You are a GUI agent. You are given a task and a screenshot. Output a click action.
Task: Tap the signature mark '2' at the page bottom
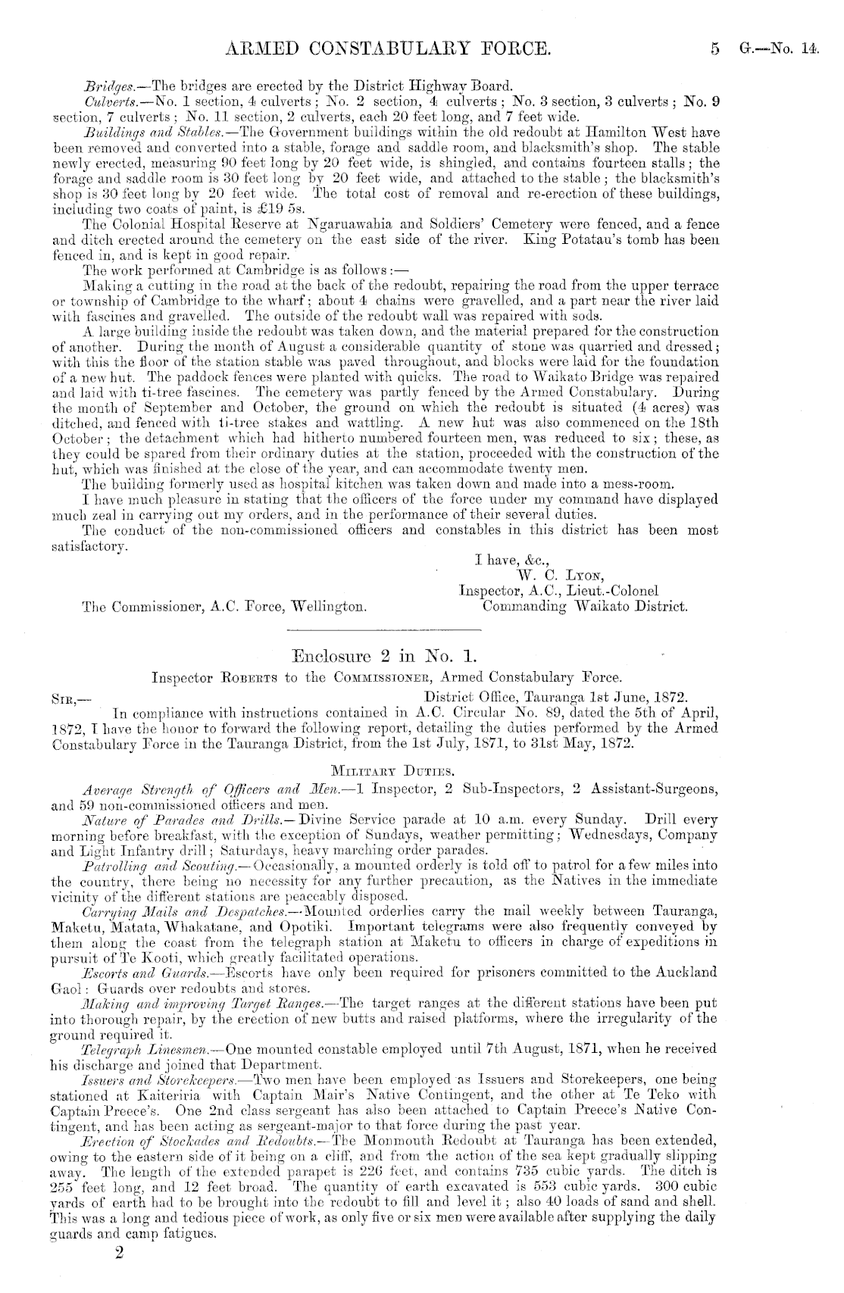[x=117, y=1274]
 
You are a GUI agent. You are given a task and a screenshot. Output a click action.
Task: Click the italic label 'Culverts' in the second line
[x=107, y=99]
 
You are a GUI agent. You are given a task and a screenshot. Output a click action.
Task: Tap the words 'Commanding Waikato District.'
[x=585, y=606]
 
